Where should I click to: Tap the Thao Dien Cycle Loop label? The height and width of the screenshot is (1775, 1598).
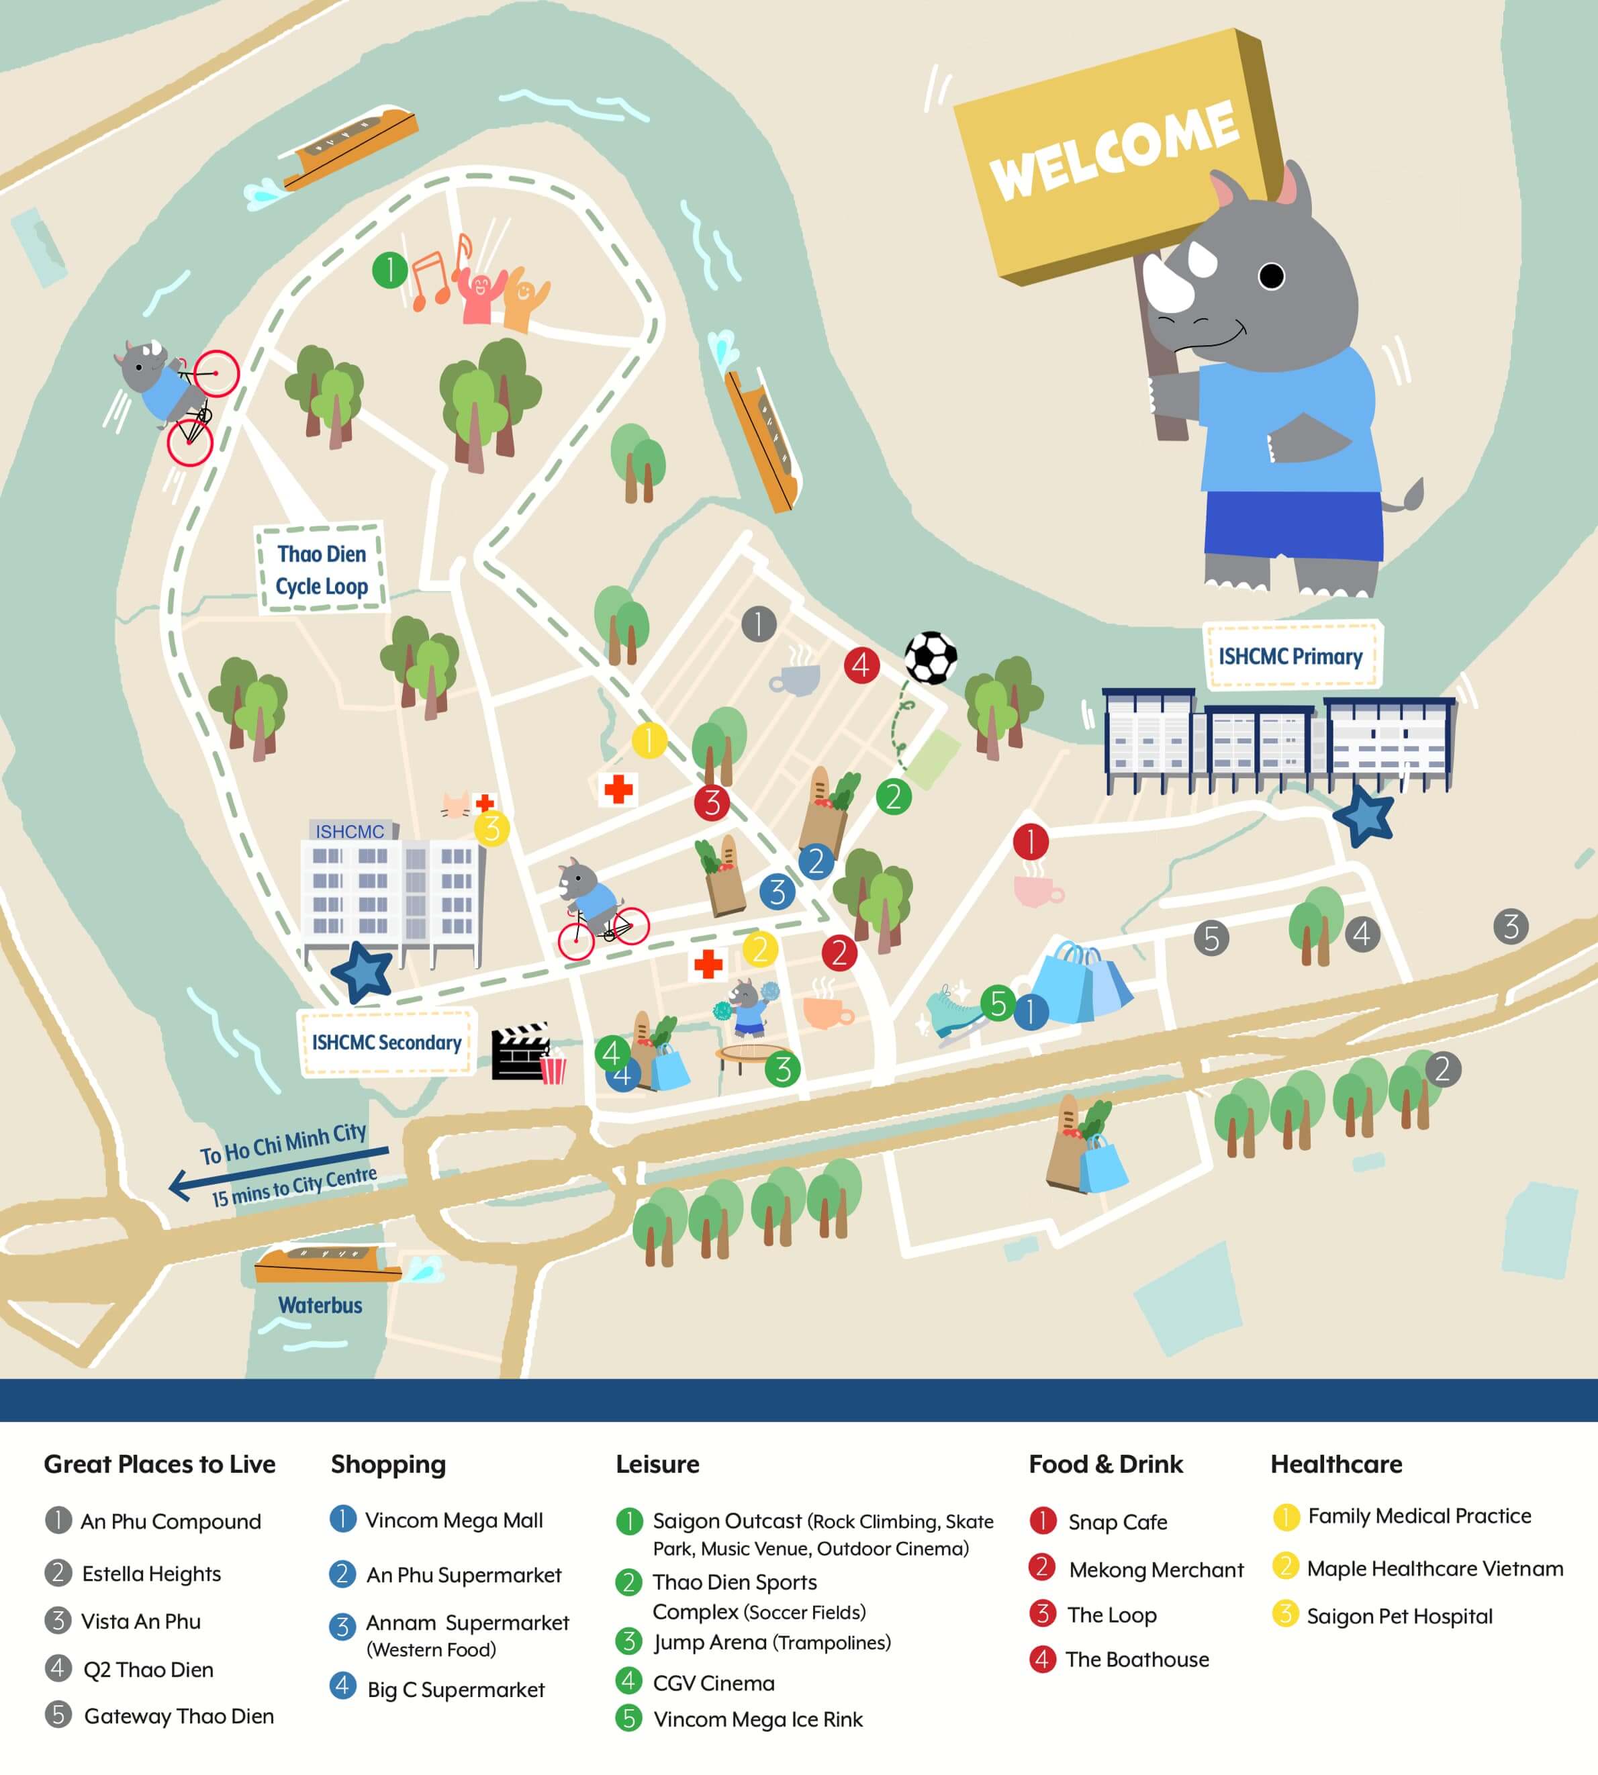(322, 570)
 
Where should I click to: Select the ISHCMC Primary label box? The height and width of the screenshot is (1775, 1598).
(1290, 657)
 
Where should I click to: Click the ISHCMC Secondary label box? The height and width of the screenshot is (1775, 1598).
(386, 1042)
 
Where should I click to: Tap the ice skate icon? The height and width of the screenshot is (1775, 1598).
(953, 1010)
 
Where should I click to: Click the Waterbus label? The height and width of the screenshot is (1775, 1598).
(320, 1305)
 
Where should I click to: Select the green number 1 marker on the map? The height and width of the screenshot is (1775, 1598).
(389, 271)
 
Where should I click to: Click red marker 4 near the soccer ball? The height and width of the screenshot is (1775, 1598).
(861, 665)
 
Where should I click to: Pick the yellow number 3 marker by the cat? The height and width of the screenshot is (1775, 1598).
(491, 828)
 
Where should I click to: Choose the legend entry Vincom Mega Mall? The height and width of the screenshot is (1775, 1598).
(453, 1521)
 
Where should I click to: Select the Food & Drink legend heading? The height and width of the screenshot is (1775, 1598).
(1105, 1464)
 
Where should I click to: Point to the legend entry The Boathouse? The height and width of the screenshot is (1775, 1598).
(1136, 1659)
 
